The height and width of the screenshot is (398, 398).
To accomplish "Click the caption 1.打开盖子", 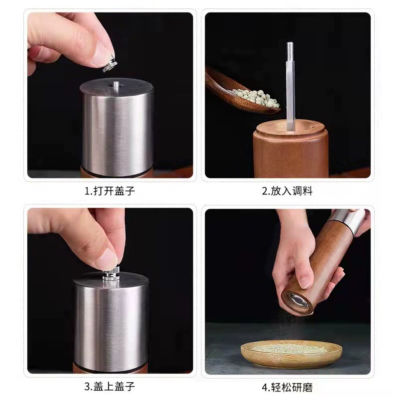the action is point(109,191).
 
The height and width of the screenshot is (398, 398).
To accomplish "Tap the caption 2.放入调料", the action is point(288,191).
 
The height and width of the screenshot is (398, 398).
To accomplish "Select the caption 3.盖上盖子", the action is point(109,387).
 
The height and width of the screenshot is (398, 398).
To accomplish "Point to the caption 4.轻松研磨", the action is point(288,388).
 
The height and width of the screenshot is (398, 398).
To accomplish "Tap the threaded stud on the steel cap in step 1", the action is point(116,85).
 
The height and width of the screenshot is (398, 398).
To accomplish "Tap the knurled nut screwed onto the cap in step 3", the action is point(111,274).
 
